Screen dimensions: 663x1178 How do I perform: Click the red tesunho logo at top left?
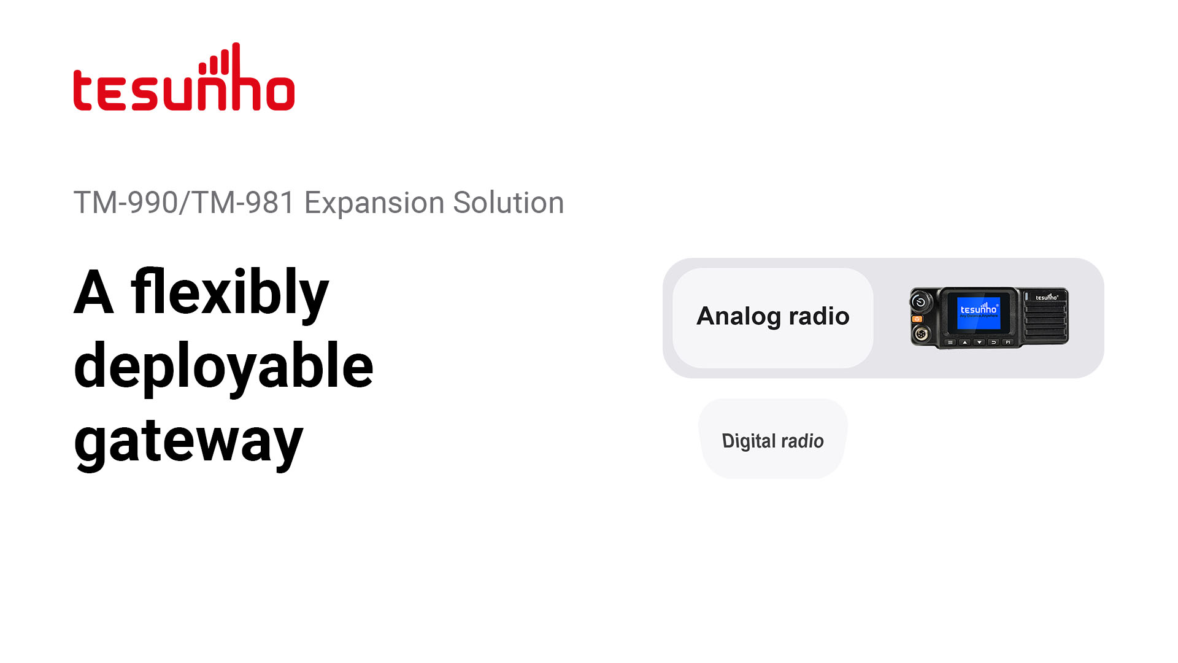(184, 79)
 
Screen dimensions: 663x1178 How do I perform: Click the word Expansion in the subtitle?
(374, 203)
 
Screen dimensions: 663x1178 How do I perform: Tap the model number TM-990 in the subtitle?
(126, 203)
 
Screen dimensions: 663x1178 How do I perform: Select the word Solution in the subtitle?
(508, 203)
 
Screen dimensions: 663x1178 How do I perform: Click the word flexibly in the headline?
(229, 293)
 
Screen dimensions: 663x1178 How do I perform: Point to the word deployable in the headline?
(223, 366)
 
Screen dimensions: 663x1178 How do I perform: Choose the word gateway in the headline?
(188, 441)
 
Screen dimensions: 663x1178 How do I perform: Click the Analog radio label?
(772, 317)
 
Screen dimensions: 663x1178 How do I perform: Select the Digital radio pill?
(772, 440)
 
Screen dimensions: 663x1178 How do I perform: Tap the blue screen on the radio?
(978, 311)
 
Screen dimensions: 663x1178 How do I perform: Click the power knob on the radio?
(920, 302)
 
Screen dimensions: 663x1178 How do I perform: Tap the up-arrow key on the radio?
(964, 342)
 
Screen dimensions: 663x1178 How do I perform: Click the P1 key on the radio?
(1007, 342)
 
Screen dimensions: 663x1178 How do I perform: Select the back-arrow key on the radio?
(993, 342)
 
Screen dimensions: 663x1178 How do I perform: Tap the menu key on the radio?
(950, 342)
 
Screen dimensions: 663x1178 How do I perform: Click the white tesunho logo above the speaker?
(1047, 297)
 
